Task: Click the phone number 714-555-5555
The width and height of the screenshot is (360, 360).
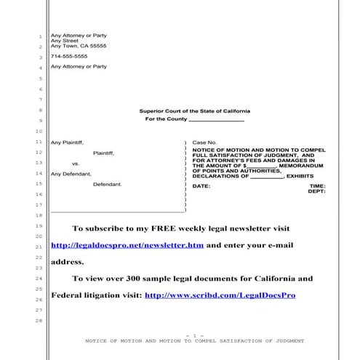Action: click(x=69, y=56)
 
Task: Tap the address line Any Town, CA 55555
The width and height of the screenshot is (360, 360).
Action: click(x=79, y=46)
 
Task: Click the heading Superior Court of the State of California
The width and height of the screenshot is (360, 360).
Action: click(x=194, y=111)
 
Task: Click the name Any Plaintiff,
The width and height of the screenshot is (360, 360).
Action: click(x=67, y=142)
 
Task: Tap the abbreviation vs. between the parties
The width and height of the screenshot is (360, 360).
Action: click(x=76, y=164)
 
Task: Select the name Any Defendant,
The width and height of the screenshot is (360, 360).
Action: click(x=71, y=174)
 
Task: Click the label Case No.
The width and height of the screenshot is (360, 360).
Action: click(x=204, y=142)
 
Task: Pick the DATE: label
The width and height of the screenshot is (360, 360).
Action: click(x=201, y=186)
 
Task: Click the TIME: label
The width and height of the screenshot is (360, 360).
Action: click(x=318, y=186)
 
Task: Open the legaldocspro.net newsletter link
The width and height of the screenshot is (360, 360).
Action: click(x=127, y=246)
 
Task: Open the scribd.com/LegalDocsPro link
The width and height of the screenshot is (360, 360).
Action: click(x=220, y=296)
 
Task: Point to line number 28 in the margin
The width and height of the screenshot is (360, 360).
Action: click(x=39, y=321)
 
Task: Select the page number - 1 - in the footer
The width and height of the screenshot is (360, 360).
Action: click(x=194, y=335)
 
